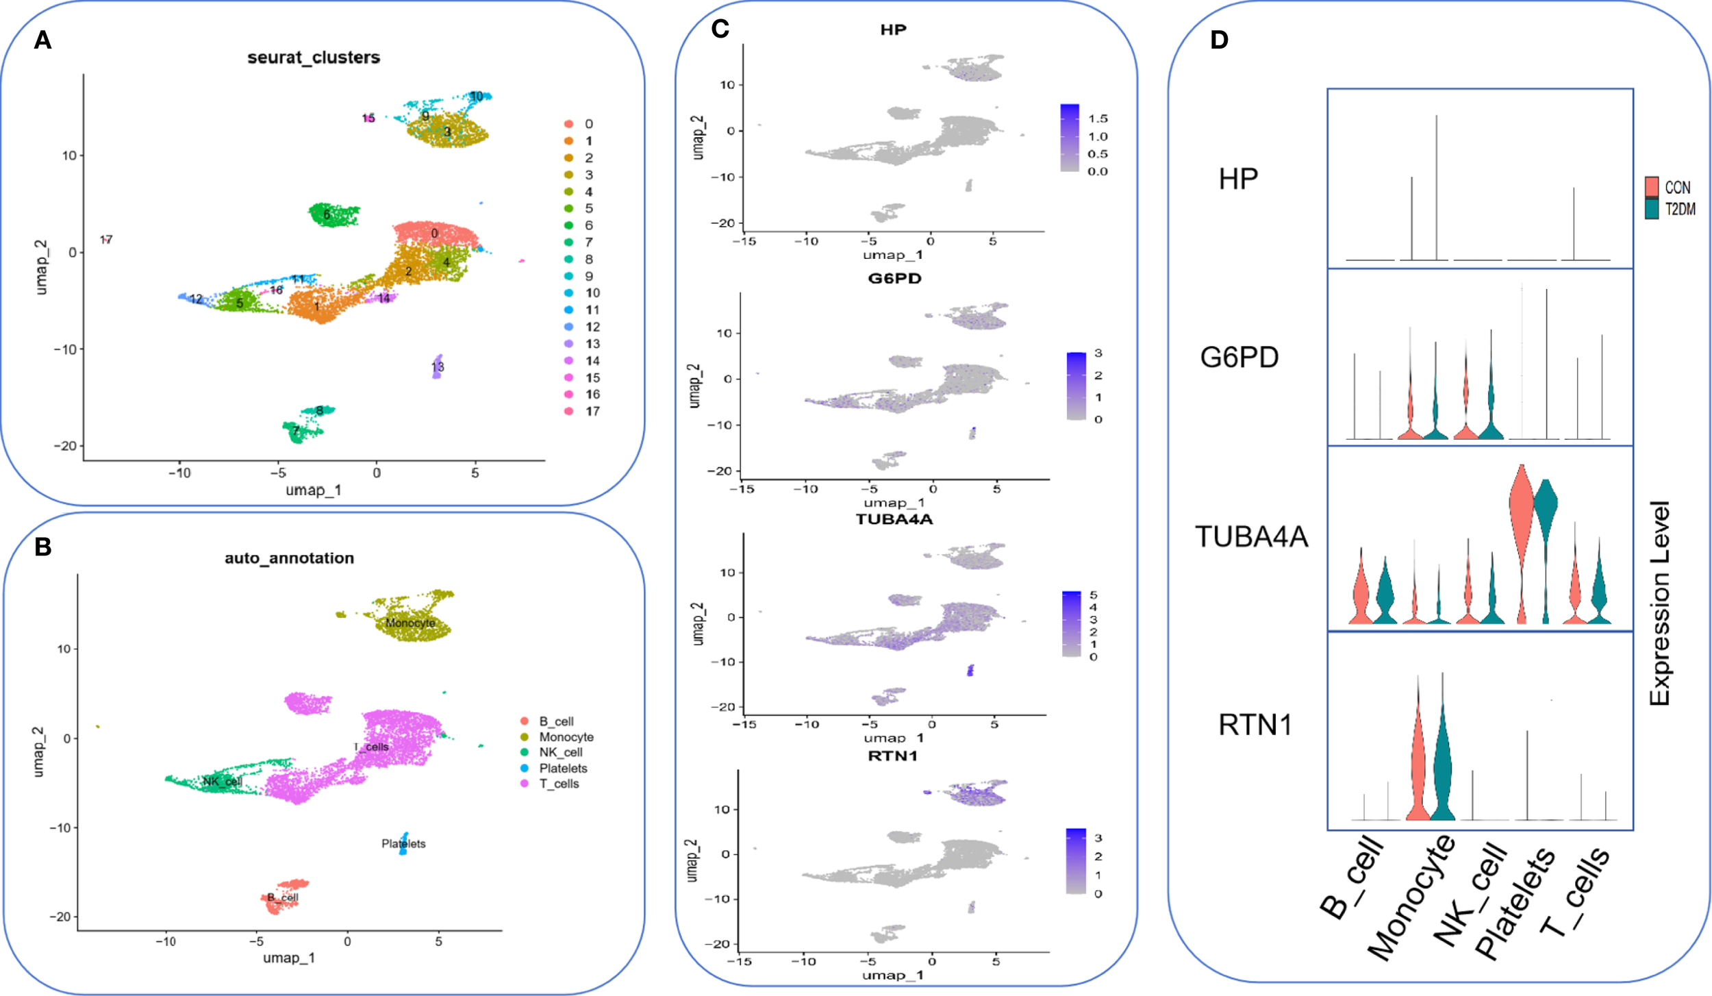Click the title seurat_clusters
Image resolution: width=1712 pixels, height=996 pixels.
(x=314, y=58)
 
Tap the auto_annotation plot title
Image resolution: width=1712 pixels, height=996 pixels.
(x=289, y=558)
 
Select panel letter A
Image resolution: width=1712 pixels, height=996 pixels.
(x=42, y=40)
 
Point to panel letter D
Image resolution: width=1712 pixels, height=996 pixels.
(x=1219, y=40)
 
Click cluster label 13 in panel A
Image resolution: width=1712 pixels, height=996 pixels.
(x=438, y=367)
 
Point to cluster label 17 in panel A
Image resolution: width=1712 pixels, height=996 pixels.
(x=106, y=240)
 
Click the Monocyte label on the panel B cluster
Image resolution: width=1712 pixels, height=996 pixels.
(x=410, y=623)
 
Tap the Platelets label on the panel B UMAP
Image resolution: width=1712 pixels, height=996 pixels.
(x=403, y=844)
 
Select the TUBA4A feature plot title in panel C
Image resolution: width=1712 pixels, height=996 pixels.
(x=894, y=519)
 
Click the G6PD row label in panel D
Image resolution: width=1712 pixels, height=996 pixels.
(x=1239, y=358)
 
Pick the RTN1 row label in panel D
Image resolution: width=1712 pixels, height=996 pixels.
(x=1255, y=725)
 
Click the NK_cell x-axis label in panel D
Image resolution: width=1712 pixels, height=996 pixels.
(x=1472, y=896)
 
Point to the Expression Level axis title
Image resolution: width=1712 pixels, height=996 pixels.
(x=1660, y=603)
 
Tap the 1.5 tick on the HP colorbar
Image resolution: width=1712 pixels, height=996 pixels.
(x=1098, y=119)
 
